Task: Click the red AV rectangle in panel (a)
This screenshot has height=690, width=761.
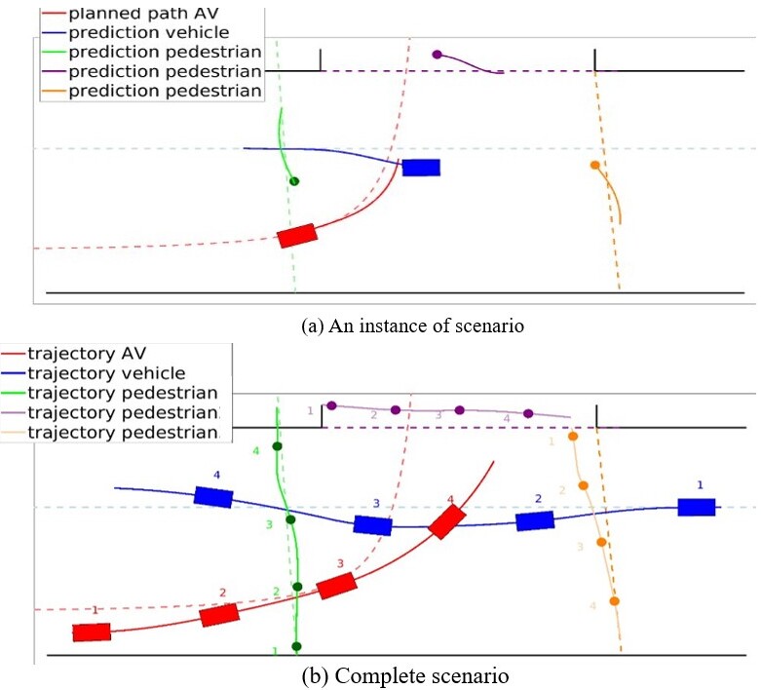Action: coord(297,235)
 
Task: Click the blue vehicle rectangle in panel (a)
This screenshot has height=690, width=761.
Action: coord(421,167)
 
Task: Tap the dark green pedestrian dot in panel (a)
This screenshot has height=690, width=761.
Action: coord(294,181)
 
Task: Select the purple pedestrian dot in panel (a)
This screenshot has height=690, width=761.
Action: coord(437,55)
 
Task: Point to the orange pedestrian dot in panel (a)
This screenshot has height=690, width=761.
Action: coord(594,165)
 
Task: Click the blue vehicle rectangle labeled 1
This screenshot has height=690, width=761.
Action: coord(697,507)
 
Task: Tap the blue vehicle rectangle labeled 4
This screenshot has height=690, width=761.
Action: coord(213,496)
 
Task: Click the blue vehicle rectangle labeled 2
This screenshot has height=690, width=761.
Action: coord(535,520)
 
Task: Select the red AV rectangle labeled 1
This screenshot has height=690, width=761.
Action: coord(92,632)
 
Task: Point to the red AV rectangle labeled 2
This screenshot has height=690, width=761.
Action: coord(219,613)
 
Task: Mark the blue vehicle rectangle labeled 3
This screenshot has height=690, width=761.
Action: coord(372,525)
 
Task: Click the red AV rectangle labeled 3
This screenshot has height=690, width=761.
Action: coord(336,585)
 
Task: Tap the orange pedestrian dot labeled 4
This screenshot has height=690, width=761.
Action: coord(614,601)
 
